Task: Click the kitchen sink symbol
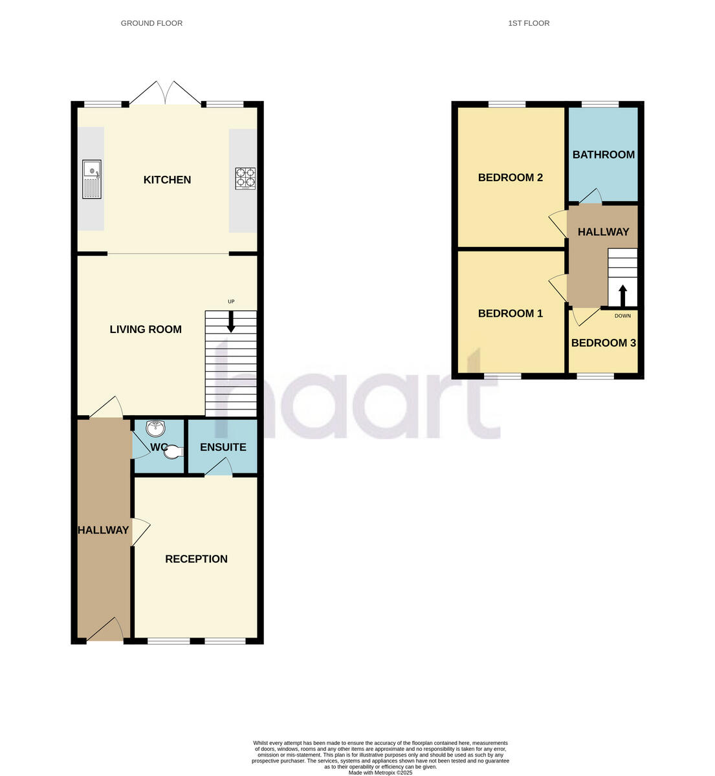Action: [92, 179]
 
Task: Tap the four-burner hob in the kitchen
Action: [245, 178]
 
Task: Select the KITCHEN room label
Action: [167, 180]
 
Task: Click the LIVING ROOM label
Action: [146, 329]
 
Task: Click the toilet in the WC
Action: [173, 454]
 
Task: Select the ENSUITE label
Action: [223, 447]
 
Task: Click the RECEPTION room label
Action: [196, 559]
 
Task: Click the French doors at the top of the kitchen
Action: [165, 94]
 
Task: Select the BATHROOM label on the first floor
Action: [603, 155]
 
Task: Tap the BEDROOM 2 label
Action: [510, 177]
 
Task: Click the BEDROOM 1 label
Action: [510, 314]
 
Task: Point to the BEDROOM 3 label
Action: [603, 343]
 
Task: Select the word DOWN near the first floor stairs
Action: [622, 316]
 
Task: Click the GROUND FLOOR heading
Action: [151, 23]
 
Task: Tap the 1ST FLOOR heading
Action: [529, 23]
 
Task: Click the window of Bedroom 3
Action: [595, 376]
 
